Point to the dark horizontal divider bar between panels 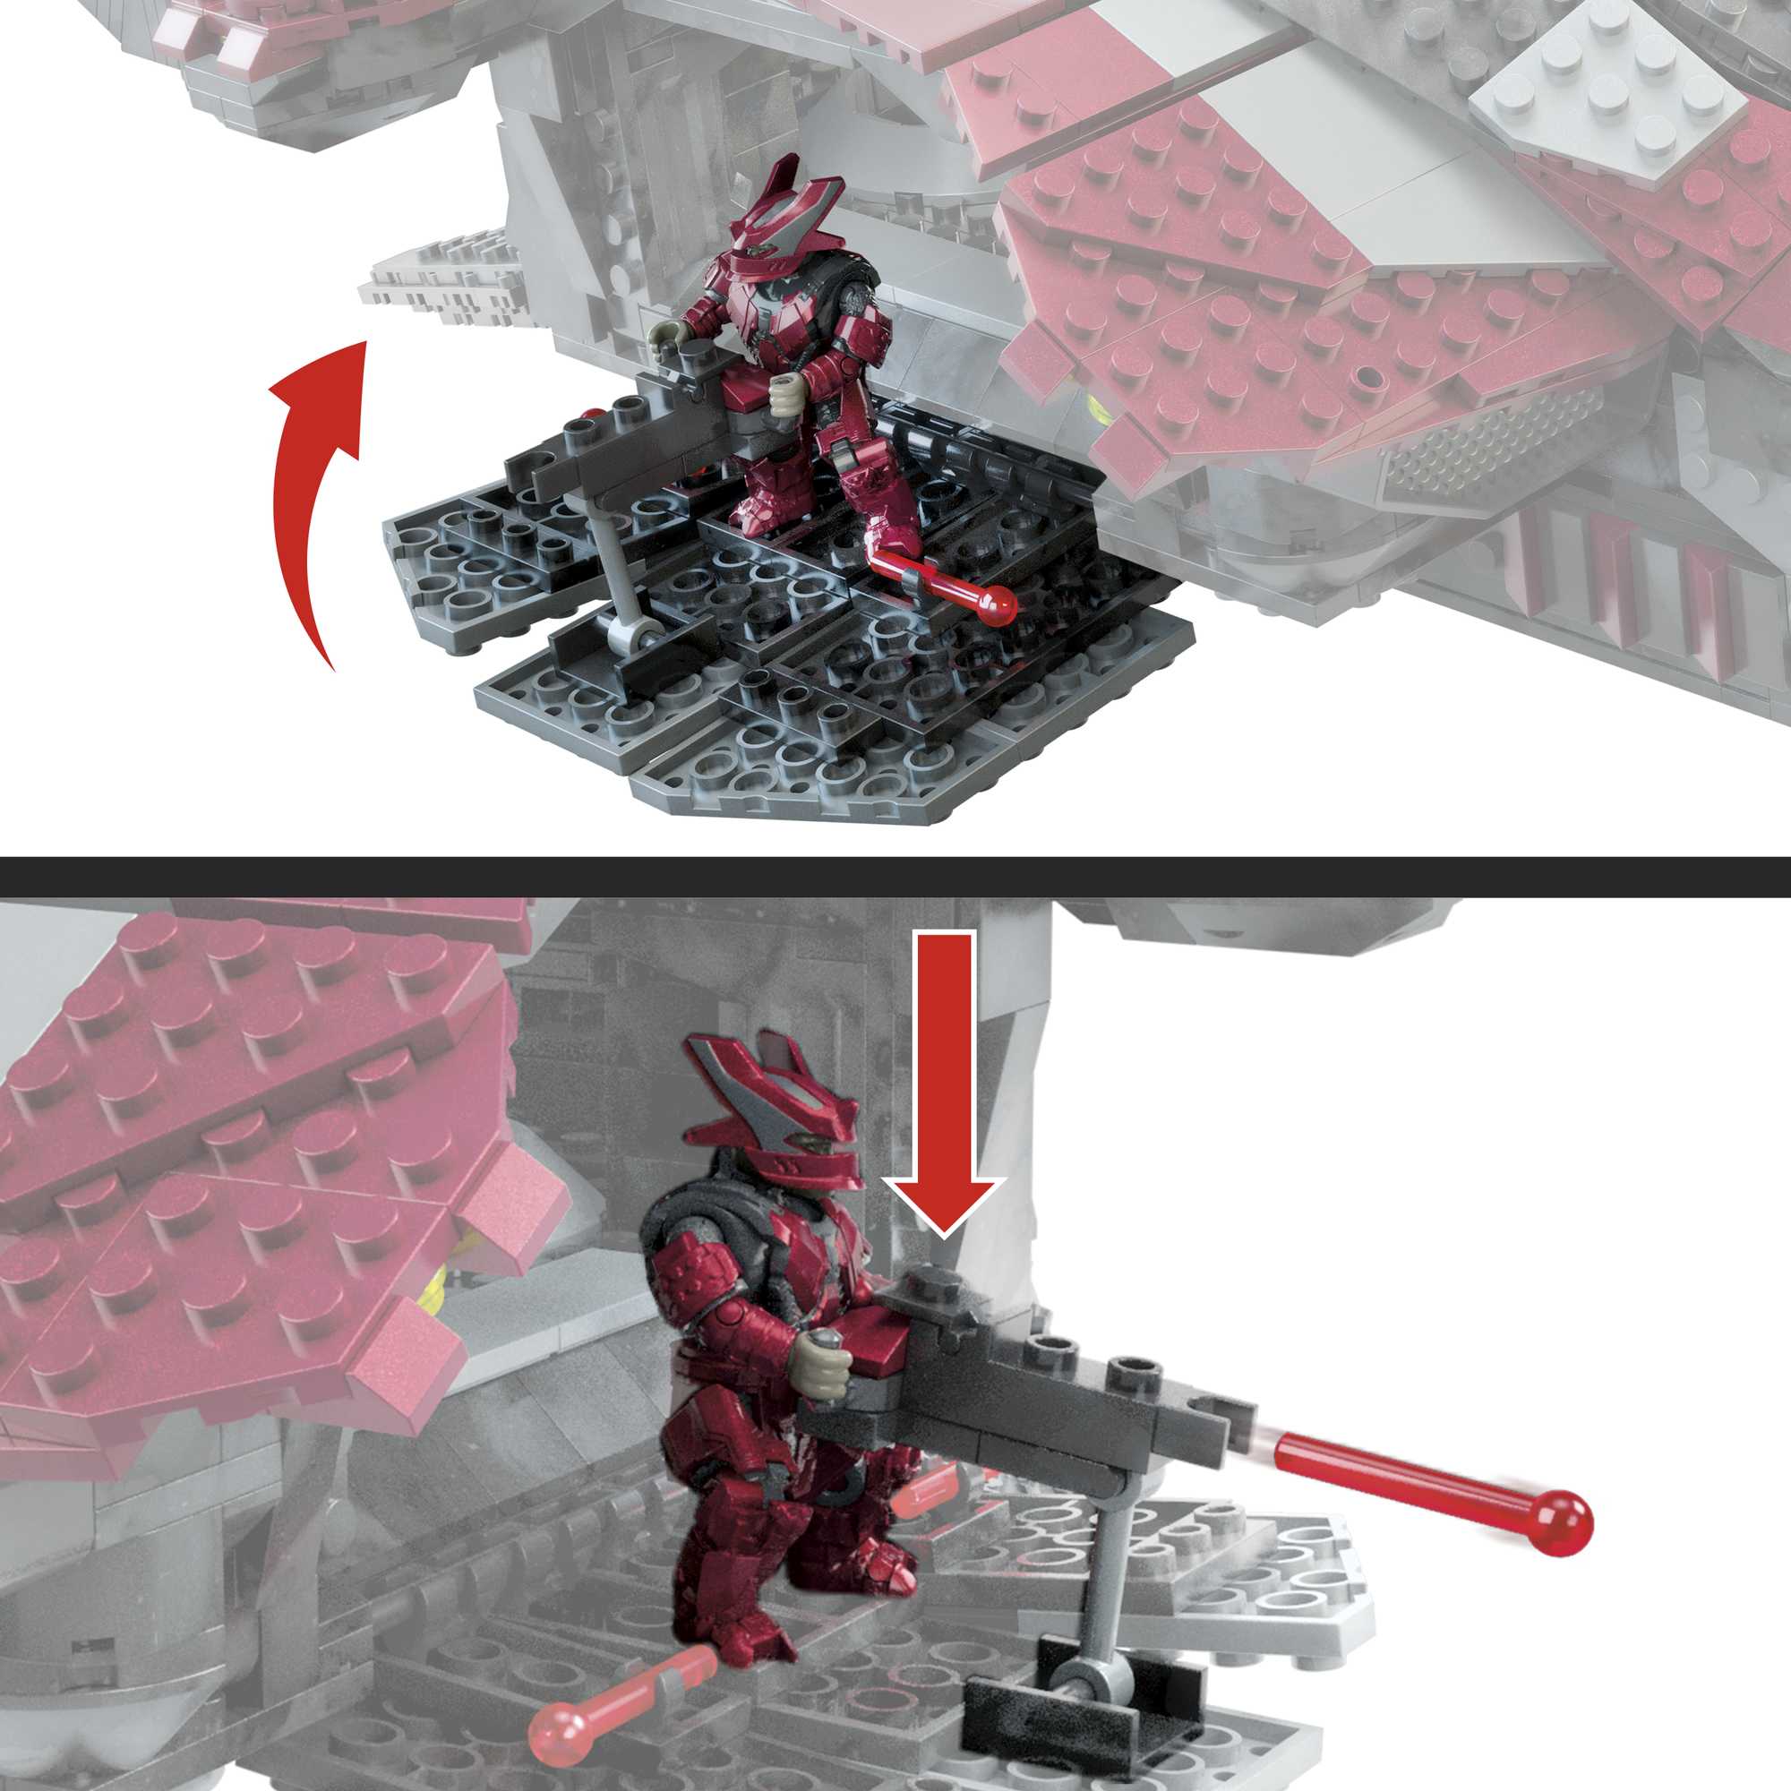coord(895,877)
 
